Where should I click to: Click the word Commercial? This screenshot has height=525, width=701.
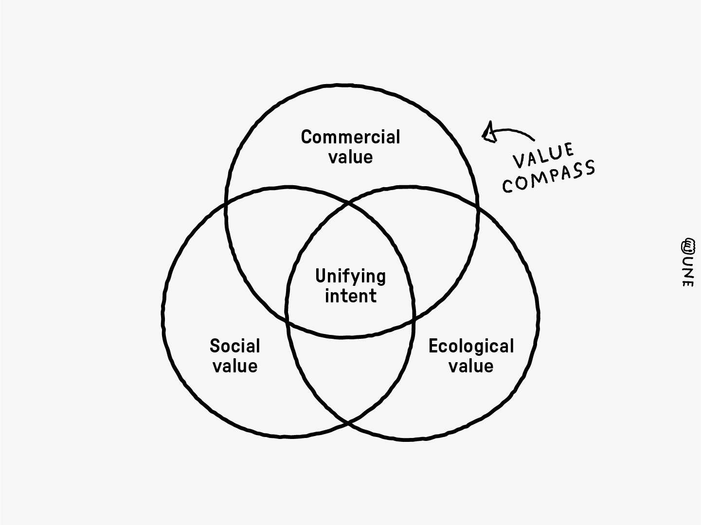[350, 137]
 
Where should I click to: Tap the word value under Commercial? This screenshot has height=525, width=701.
[351, 157]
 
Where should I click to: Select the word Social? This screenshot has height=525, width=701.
[235, 346]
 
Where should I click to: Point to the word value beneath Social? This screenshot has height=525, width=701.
[235, 366]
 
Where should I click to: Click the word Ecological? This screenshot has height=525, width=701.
[471, 346]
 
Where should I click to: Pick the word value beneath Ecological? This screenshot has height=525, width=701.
[471, 366]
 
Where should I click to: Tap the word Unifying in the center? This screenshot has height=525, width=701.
[350, 277]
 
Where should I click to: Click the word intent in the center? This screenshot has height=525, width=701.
[351, 296]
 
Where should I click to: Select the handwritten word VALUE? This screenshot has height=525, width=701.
[543, 156]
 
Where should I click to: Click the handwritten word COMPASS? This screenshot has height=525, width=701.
[549, 176]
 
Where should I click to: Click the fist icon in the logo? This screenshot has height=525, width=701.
[688, 245]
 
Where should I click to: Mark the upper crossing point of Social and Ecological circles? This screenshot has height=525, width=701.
[349, 203]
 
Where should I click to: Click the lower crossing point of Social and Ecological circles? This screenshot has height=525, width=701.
[349, 423]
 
